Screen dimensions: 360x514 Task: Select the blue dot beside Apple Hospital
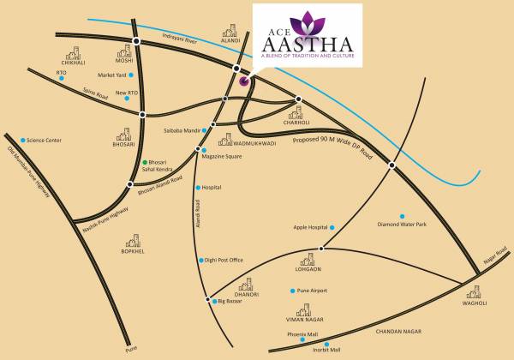332,227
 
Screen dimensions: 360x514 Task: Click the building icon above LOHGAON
309,258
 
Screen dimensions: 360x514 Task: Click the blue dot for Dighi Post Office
199,260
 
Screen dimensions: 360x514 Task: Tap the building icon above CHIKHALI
75,53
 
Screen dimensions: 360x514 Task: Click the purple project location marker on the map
244,82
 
